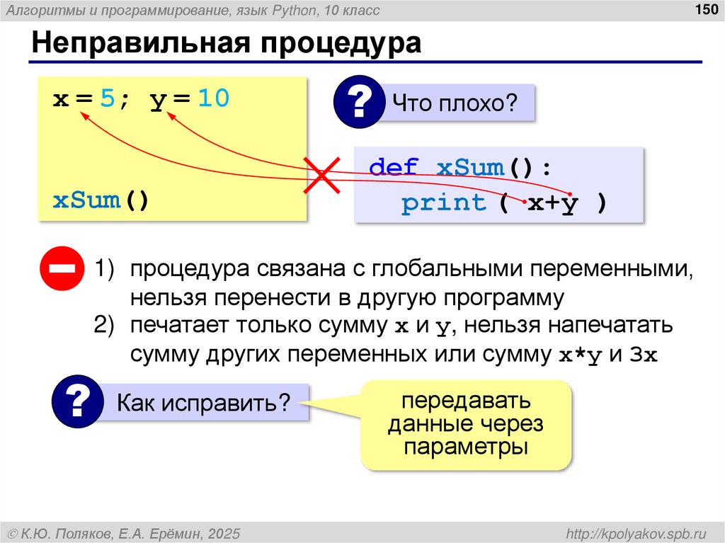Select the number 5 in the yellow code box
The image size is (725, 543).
click(x=107, y=99)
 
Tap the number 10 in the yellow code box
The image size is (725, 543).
click(x=213, y=99)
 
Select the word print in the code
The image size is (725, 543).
click(x=444, y=203)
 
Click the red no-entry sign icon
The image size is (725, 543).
click(x=62, y=269)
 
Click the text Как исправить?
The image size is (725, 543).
click(x=204, y=403)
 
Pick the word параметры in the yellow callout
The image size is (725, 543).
click(x=467, y=447)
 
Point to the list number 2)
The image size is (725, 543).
click(x=104, y=326)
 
